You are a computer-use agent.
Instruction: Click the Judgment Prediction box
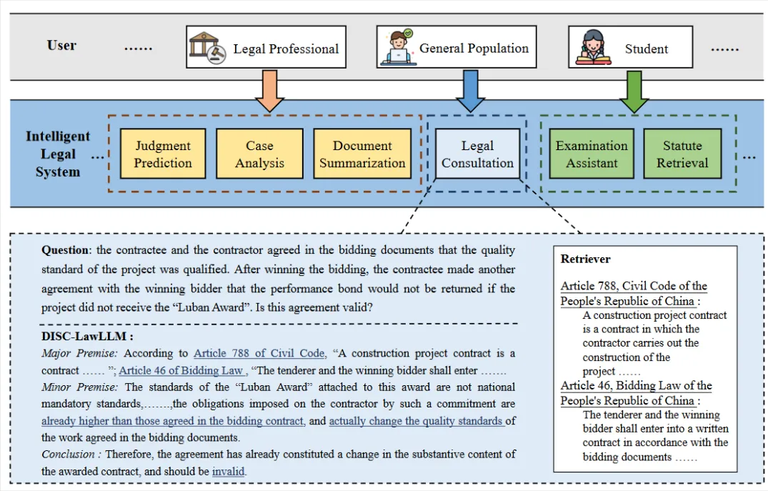coord(163,154)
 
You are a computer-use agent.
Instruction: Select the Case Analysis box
coord(259,154)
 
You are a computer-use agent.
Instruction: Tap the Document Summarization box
coord(362,154)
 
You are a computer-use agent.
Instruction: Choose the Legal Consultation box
coord(477,154)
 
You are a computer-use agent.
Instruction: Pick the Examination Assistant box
coord(592,154)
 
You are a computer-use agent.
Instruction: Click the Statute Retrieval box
coord(682,154)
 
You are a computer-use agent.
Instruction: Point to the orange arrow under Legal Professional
coord(269,90)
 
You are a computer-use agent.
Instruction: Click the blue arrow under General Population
coord(471,90)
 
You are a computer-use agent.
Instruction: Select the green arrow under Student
coord(634,90)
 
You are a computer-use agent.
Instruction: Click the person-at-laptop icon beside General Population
coord(398,48)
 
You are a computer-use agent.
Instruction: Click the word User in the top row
coord(61,45)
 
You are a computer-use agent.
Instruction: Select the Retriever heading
coord(586,259)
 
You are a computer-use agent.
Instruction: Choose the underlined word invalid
coord(229,471)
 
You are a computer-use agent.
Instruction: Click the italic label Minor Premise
coord(79,387)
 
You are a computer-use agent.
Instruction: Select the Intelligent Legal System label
coord(58,154)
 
